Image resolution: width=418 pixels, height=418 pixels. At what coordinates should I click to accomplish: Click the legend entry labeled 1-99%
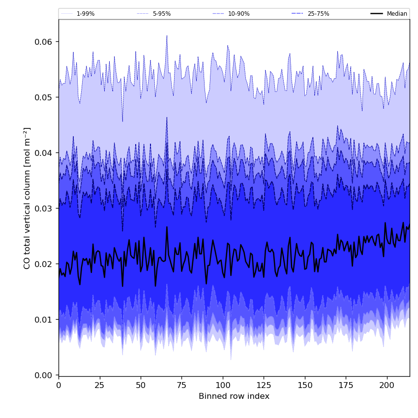pos(85,14)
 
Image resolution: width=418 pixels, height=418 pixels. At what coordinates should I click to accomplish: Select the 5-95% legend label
pos(161,14)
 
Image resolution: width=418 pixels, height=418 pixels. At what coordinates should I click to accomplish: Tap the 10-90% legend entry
pos(239,14)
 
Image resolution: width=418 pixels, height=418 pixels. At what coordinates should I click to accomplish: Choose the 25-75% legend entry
pos(318,14)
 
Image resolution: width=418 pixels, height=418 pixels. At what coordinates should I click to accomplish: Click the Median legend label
pos(397,14)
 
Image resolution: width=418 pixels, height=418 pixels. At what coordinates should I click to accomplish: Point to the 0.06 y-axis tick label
pos(44,42)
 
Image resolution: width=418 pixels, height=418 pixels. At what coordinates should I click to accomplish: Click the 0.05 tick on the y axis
pos(44,97)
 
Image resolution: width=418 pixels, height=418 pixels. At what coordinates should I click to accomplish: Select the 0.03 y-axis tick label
pos(44,209)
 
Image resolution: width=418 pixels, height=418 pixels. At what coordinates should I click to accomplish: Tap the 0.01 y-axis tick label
pos(44,320)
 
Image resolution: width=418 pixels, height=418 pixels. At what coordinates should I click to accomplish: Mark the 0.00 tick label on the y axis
pos(44,375)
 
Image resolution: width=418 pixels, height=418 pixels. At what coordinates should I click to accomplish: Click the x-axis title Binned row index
pos(234,396)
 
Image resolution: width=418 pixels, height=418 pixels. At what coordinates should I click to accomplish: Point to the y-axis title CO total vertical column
pos(27,198)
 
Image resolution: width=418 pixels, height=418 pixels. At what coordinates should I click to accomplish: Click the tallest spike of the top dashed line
pos(167,35)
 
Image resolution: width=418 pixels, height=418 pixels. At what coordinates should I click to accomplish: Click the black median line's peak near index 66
pos(167,227)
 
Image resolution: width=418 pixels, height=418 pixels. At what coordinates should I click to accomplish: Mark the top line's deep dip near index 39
pos(122,121)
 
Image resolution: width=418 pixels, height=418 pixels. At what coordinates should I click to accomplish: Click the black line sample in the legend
pos(377,14)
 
